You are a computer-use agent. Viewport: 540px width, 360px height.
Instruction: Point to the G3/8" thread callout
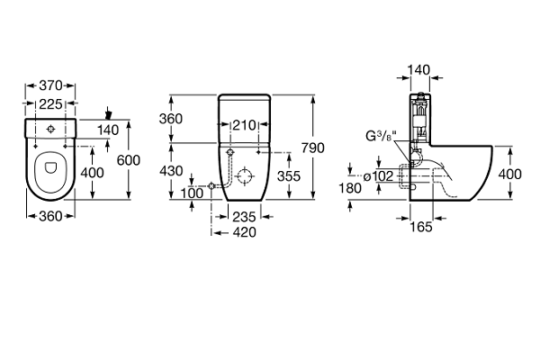pos(382,138)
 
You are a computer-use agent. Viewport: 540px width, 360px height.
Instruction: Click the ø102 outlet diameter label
pos(381,176)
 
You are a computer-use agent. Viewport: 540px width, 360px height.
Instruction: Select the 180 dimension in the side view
pos(352,188)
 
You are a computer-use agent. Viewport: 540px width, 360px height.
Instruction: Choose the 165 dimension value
pos(422,227)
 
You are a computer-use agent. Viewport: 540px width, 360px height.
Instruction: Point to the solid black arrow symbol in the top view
pos(109,114)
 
